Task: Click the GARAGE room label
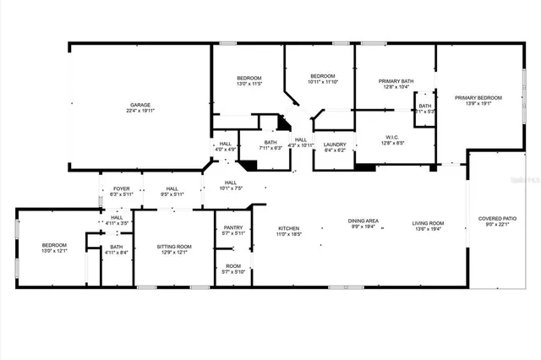tap(140, 105)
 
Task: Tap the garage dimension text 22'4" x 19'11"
tap(140, 111)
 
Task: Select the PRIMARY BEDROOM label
tap(478, 98)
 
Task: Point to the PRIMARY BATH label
tap(395, 80)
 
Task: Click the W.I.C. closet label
tap(391, 137)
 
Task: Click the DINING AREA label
tap(363, 221)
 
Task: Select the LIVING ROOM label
tap(428, 223)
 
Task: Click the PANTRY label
tap(233, 227)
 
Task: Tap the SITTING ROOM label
tap(174, 245)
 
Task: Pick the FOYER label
tap(122, 188)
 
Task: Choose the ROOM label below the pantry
tap(232, 265)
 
